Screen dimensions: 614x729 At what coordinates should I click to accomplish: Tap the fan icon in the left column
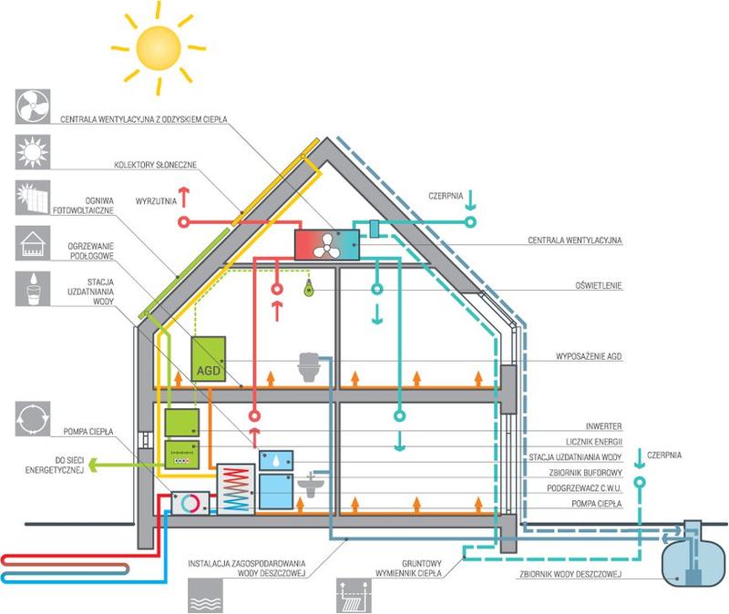coord(32,105)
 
